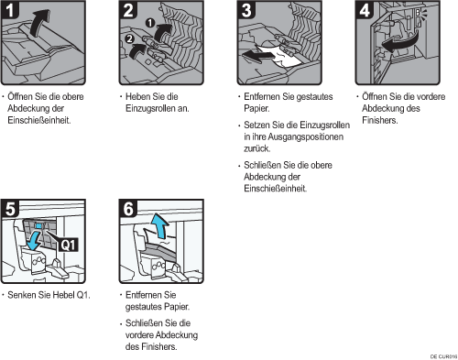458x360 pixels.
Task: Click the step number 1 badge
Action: coord(10,10)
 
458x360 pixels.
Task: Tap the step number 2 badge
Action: coord(128,10)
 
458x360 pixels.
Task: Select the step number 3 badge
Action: coord(246,10)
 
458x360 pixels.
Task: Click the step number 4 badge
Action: coord(365,10)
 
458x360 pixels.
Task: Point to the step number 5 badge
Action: coord(10,209)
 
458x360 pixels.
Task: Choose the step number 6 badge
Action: coord(128,209)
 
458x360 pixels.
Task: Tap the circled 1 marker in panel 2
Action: coord(150,23)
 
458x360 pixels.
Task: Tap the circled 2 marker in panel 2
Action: coord(130,38)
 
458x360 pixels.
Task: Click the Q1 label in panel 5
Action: coord(69,245)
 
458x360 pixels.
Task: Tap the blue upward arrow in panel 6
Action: coord(160,225)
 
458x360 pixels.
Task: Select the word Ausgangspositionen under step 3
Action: coord(306,136)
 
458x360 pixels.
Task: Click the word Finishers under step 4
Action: coord(380,120)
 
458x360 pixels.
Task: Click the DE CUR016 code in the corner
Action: coord(443,356)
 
